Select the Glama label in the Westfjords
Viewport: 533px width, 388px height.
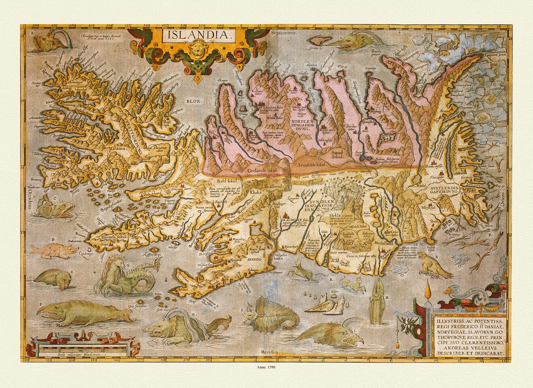tap(118, 148)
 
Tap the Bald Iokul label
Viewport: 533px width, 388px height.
tap(228, 181)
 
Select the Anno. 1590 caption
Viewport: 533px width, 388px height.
tap(266, 367)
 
